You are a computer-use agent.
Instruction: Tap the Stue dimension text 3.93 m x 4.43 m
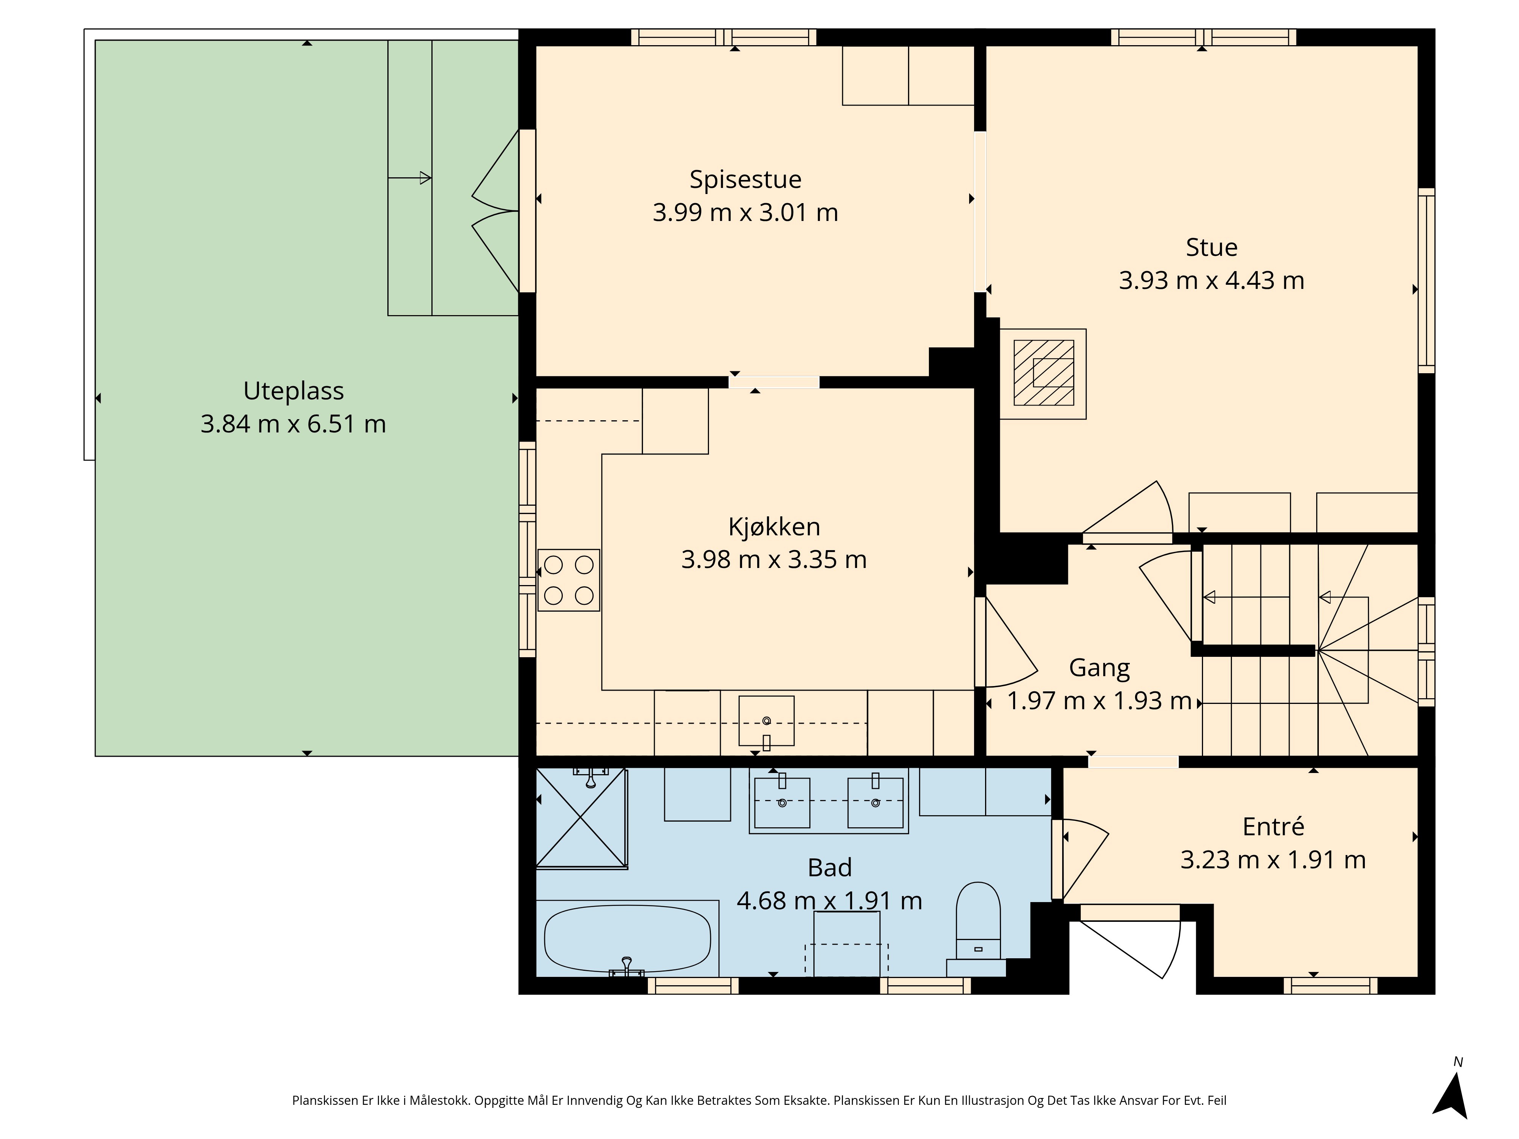1211,280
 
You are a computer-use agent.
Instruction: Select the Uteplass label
293,391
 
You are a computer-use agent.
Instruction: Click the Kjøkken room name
774,527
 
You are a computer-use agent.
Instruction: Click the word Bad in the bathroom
829,868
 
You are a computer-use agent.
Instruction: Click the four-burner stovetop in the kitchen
568,580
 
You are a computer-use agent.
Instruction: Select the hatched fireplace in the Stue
1043,373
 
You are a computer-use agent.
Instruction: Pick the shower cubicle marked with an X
581,818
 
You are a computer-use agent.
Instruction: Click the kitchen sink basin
766,721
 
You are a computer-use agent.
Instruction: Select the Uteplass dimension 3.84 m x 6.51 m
293,424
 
